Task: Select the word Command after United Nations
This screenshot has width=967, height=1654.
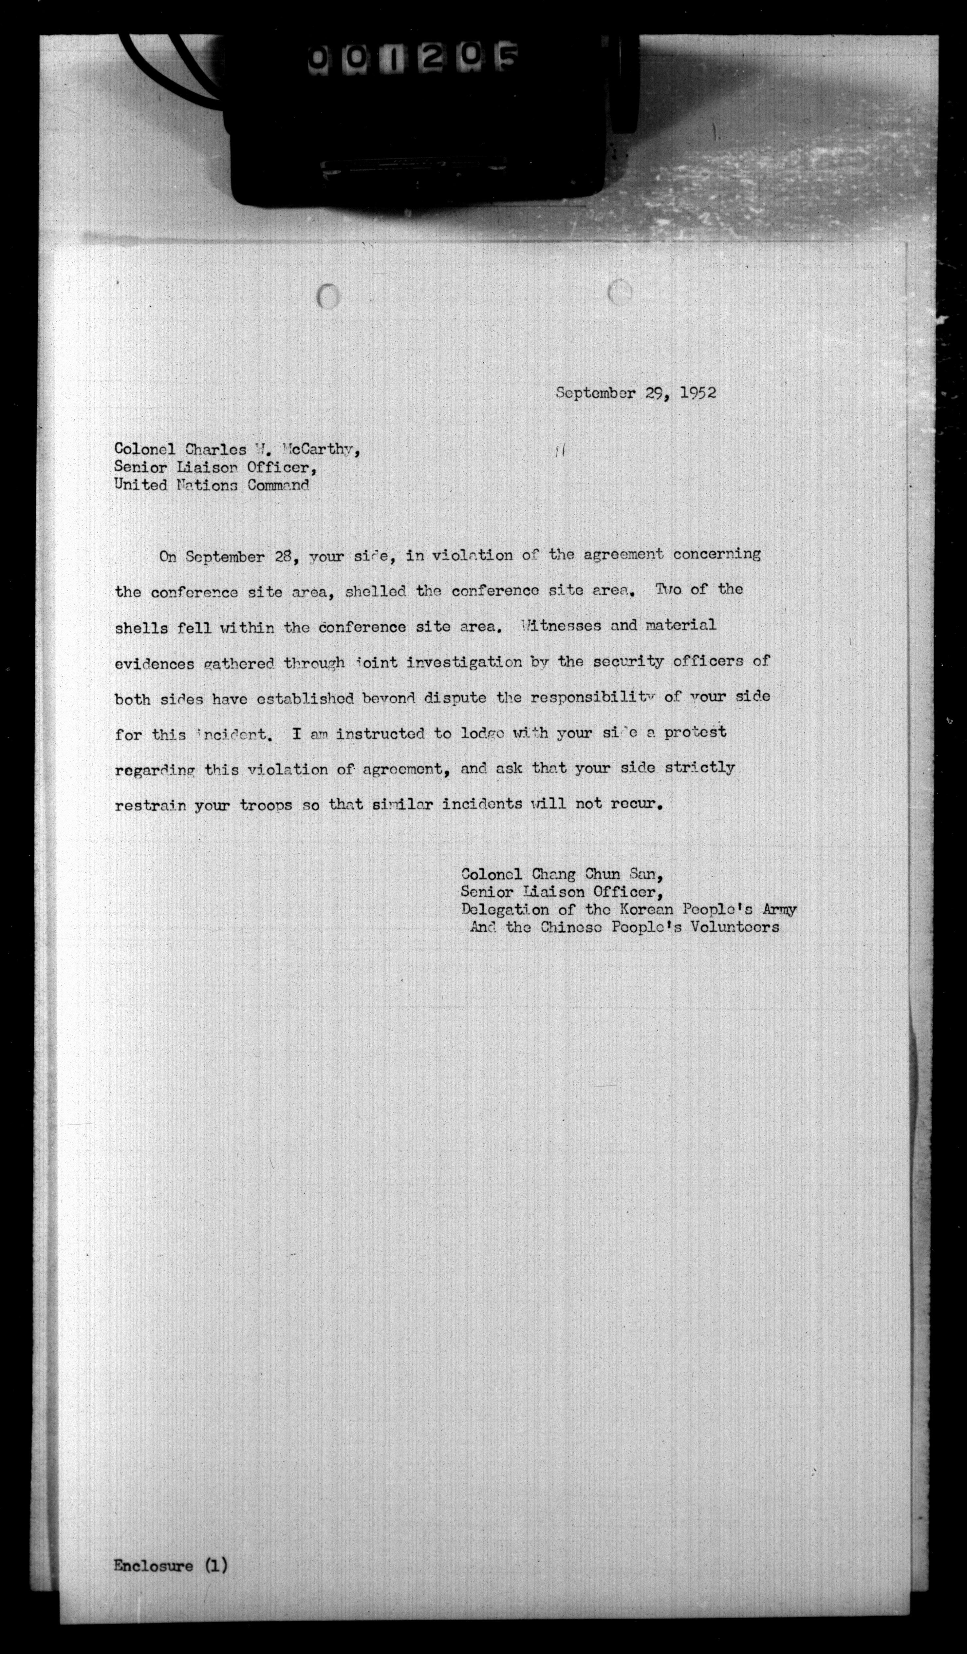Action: (278, 486)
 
